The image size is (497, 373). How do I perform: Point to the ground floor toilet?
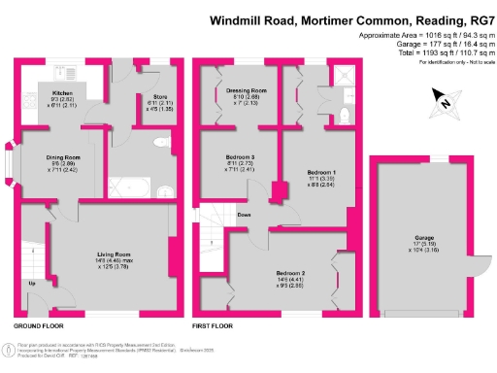(x=160, y=142)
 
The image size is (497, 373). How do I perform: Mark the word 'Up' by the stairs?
(x=33, y=283)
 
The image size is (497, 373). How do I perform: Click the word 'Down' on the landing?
(x=245, y=216)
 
